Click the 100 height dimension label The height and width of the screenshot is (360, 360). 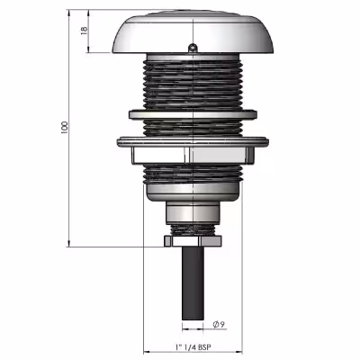pos(65,128)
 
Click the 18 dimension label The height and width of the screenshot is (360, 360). pos(84,30)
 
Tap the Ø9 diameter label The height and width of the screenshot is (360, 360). pos(219,324)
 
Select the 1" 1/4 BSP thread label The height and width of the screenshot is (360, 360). pos(193,347)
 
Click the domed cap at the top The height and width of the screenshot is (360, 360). pos(193,33)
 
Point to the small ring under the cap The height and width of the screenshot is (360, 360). pos(193,48)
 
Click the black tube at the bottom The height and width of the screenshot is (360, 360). pos(193,283)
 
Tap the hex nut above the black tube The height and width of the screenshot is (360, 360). pos(193,241)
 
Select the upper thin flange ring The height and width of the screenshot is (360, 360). pos(193,114)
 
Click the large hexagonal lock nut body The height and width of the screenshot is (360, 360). pos(193,156)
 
